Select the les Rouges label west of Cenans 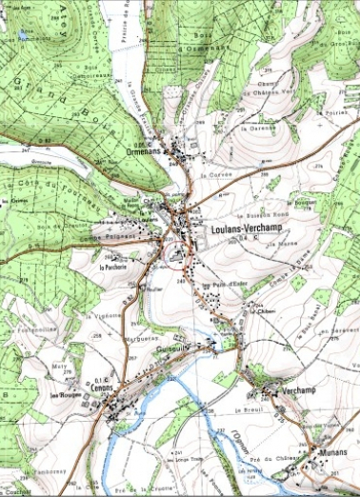[x=65, y=395]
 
